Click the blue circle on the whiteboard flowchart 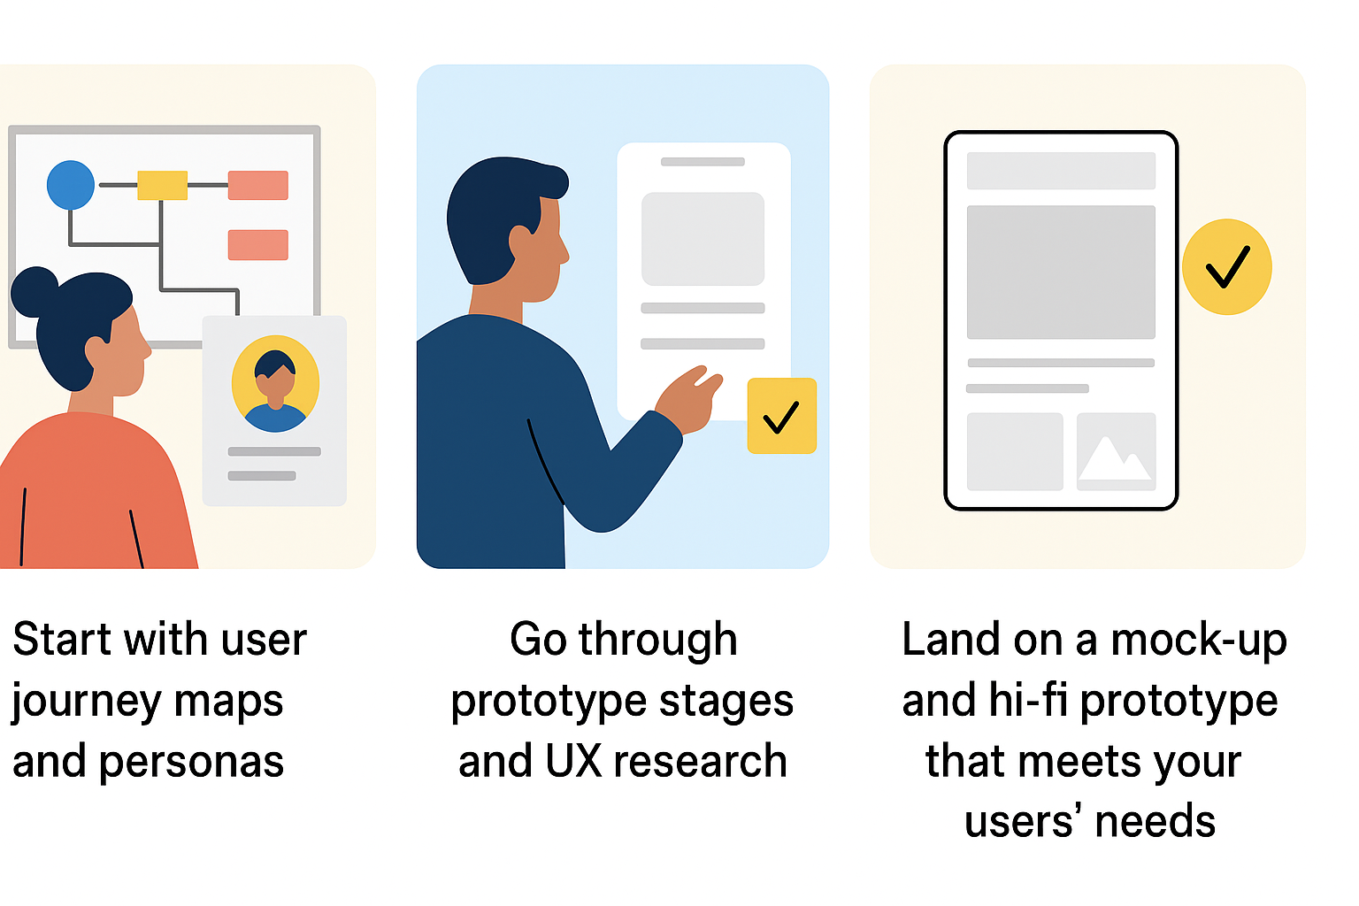(x=71, y=185)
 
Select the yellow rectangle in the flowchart (x=162, y=185)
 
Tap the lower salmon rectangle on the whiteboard (x=257, y=244)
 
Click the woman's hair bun (x=34, y=291)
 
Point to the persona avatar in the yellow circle (x=275, y=383)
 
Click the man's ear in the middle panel (x=520, y=242)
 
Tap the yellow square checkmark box (x=781, y=416)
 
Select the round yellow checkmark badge (x=1227, y=267)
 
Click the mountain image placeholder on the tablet (x=1116, y=451)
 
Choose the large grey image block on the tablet (x=1061, y=272)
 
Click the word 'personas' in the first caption (x=191, y=763)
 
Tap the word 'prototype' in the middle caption (x=549, y=703)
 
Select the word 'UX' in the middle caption (x=572, y=761)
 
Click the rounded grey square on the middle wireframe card (x=703, y=239)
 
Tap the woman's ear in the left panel (x=96, y=352)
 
